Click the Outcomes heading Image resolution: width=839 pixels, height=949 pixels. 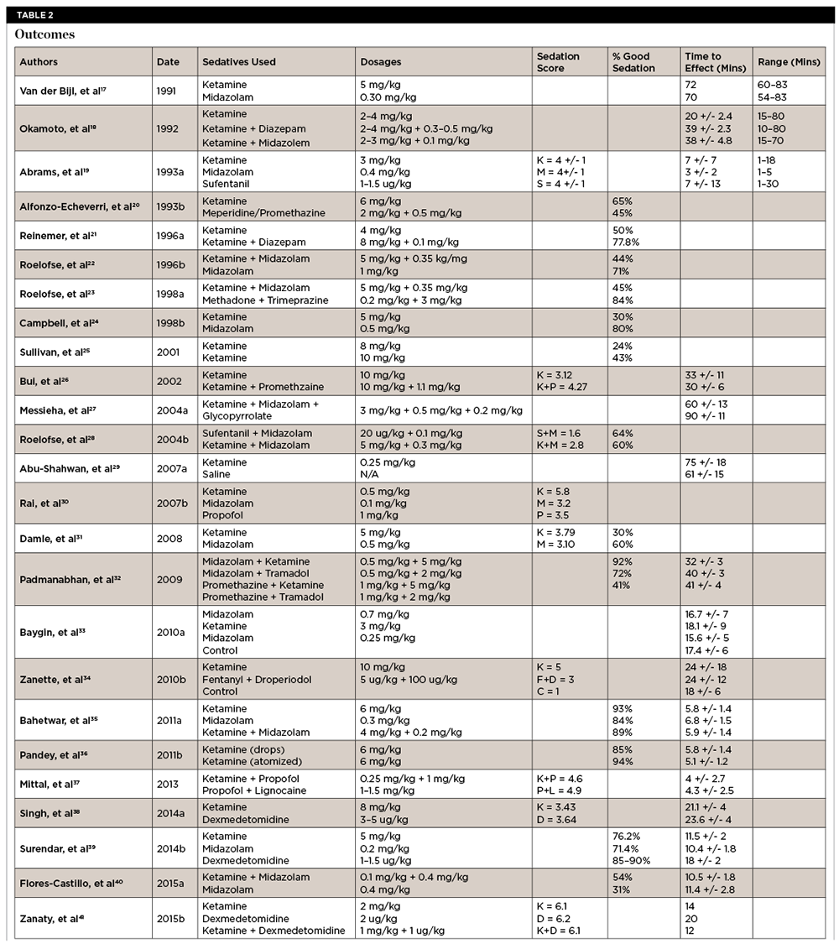(x=44, y=34)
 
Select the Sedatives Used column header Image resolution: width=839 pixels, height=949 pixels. (x=239, y=62)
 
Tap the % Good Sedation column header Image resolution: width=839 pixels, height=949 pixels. (x=633, y=62)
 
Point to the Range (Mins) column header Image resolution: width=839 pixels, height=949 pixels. (x=789, y=62)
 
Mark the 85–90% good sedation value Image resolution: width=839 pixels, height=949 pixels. (x=630, y=861)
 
